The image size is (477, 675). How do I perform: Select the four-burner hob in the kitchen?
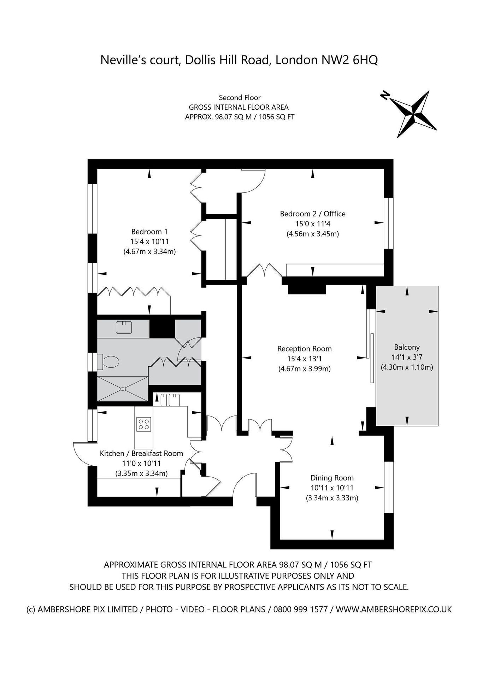click(x=144, y=424)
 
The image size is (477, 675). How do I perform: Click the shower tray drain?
click(x=123, y=389)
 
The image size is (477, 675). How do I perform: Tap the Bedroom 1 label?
click(x=149, y=232)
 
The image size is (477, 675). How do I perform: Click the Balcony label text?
click(x=407, y=347)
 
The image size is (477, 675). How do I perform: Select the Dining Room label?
click(x=332, y=478)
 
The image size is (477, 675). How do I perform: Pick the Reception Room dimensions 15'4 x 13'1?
click(x=304, y=359)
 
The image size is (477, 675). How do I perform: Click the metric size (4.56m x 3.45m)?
click(x=313, y=234)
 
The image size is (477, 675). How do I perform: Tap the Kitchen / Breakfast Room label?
click(x=141, y=453)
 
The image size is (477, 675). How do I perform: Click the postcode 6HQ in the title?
click(x=366, y=60)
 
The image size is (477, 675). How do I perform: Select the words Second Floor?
click(x=240, y=98)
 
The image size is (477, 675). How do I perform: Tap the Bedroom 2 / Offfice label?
click(x=313, y=214)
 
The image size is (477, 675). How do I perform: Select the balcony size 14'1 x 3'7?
click(x=407, y=357)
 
